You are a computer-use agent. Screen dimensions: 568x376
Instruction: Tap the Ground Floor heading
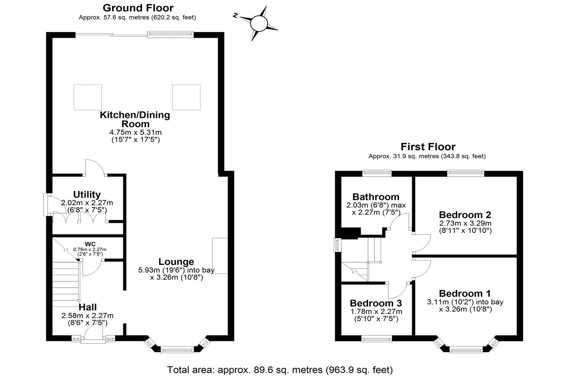(x=138, y=8)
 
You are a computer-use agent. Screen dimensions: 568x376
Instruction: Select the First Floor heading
(x=428, y=147)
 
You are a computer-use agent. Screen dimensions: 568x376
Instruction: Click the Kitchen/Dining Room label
(x=135, y=119)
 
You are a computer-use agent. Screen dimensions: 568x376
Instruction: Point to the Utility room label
(x=87, y=194)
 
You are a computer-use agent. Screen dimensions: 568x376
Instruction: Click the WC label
(x=90, y=244)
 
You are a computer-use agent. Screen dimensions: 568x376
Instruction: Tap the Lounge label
(x=176, y=262)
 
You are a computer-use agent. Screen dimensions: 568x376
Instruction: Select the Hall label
(x=88, y=307)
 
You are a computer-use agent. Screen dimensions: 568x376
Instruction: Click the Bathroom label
(x=376, y=197)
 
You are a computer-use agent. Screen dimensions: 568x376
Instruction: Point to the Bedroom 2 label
(x=465, y=215)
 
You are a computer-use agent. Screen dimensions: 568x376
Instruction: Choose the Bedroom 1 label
(x=465, y=293)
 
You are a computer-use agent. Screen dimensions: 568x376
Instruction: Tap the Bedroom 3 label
(x=376, y=303)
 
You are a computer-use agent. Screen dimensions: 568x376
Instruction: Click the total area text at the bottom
(x=280, y=370)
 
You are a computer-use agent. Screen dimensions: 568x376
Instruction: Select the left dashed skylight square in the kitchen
(x=88, y=97)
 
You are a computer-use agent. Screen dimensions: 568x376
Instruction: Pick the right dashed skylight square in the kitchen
(x=186, y=97)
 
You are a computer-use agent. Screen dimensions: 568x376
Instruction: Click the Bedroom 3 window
(x=376, y=338)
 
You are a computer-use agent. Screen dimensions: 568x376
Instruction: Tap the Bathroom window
(x=377, y=173)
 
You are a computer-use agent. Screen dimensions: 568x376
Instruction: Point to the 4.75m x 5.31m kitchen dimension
(x=135, y=133)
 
